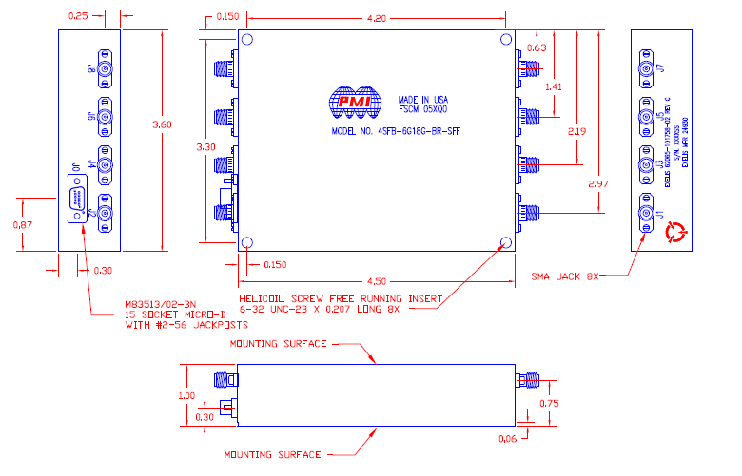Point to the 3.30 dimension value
[x=206, y=147]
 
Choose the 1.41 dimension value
[x=554, y=86]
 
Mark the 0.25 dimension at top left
[x=79, y=16]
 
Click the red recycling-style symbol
[x=677, y=230]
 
